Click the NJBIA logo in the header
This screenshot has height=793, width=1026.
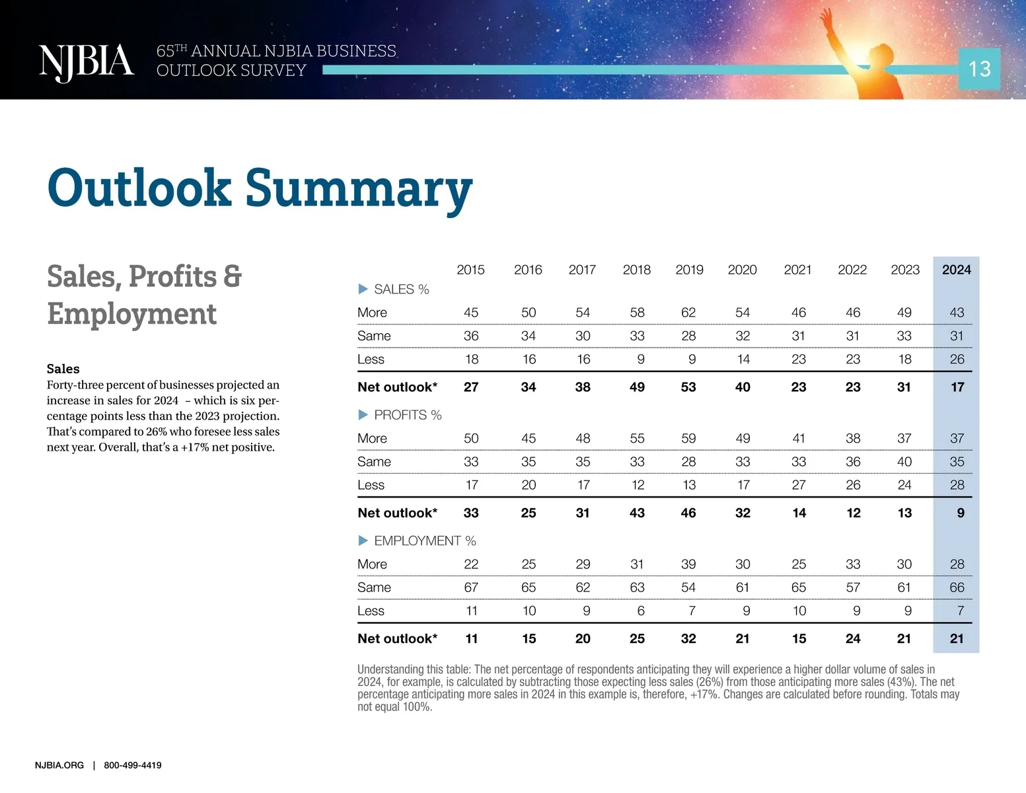[x=87, y=62]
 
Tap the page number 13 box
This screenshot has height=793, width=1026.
[x=979, y=69]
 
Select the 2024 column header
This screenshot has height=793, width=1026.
[x=956, y=270]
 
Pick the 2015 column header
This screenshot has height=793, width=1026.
[x=470, y=270]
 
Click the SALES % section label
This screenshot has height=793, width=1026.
[x=401, y=289]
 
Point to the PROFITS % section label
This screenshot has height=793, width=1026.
[x=408, y=415]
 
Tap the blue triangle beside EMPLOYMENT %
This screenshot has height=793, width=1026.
[x=363, y=541]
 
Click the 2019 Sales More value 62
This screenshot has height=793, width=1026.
[x=688, y=313]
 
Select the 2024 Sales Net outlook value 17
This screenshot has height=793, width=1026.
[x=957, y=387]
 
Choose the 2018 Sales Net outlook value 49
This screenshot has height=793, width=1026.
[x=637, y=387]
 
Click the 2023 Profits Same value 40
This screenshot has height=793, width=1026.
[x=904, y=462]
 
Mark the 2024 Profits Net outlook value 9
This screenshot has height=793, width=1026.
[x=961, y=513]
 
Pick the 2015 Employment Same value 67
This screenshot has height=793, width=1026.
[x=471, y=587]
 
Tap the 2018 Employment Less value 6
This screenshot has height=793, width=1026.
[x=641, y=611]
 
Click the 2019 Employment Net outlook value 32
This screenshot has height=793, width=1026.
[x=688, y=639]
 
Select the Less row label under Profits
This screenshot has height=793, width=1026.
[x=371, y=485]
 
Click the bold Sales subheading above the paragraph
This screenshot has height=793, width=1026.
[x=63, y=369]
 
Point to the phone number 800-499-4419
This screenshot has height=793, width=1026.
[x=133, y=765]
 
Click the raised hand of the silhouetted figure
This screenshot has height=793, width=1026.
[x=825, y=17]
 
